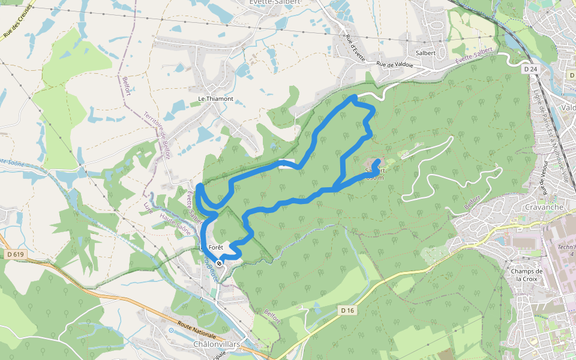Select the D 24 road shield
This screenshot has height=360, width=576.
530,70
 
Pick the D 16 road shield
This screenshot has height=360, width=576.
348,310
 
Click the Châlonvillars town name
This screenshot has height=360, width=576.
217,344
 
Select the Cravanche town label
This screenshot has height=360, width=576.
544,207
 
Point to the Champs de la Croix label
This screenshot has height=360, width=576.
527,275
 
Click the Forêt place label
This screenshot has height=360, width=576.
215,247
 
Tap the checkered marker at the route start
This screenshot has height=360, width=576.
220,263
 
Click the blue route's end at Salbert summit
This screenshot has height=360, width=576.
377,161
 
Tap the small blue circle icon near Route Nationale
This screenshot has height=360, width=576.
171,330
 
